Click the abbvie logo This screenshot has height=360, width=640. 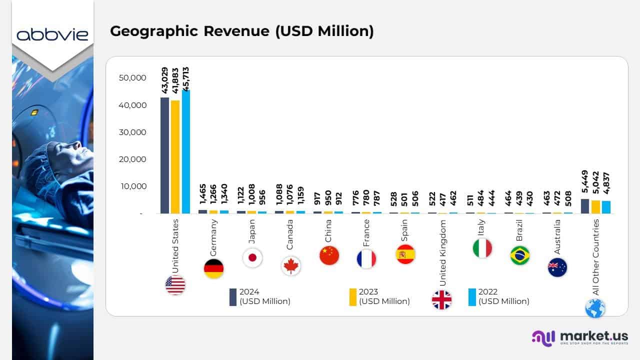pos(52,34)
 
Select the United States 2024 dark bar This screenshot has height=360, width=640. pos(164,155)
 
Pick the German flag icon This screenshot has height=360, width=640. pos(214,269)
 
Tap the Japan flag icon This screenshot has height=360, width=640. pos(252,258)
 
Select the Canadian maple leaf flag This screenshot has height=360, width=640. pos(290,266)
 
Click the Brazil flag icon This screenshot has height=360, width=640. pos(520,255)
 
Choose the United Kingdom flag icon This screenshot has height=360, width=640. pos(441,300)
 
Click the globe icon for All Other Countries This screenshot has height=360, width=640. pos(595,308)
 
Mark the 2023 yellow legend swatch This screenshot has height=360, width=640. pos(353,297)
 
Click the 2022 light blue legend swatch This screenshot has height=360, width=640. pos(472,297)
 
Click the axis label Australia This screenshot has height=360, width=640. pos(557,237)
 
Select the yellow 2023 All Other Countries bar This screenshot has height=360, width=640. pos(595,206)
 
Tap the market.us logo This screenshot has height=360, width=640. pos(580,337)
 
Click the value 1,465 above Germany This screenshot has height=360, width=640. pos(203,194)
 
